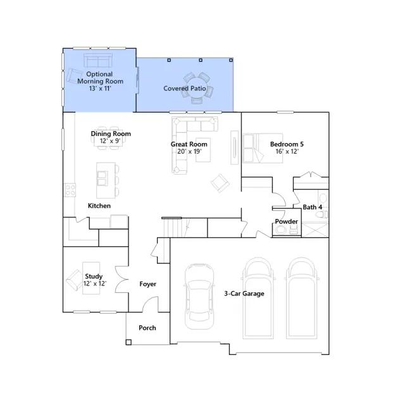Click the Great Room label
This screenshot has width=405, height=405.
[189, 144]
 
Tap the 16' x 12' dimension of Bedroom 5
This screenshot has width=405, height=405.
[287, 151]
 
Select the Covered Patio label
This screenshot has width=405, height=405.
[185, 89]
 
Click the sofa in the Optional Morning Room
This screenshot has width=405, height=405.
[98, 60]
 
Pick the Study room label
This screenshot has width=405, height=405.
[94, 277]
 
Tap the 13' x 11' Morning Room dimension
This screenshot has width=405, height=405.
[100, 89]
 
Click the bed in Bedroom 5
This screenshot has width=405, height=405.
[263, 148]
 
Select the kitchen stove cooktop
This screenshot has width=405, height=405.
[70, 190]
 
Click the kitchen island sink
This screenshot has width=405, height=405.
[103, 178]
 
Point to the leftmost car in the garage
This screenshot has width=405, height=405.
[199, 297]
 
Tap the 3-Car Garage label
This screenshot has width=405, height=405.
[244, 294]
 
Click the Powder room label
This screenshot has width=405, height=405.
[286, 221]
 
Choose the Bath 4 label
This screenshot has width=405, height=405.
[312, 207]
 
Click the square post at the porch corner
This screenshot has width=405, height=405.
[128, 342]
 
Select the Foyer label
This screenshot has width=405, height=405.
[147, 284]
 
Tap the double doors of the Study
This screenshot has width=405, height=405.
[121, 279]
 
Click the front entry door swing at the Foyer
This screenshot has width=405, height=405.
[149, 304]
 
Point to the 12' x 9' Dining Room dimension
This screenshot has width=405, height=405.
[110, 141]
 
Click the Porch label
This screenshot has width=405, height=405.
[147, 328]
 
